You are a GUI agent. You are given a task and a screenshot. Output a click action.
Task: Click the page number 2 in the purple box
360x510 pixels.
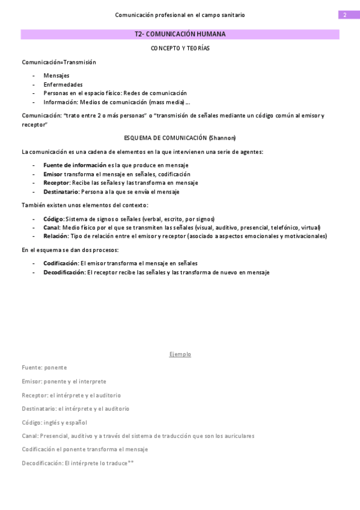(x=345, y=15)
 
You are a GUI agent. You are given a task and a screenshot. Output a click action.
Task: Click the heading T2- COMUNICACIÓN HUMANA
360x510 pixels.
(x=180, y=34)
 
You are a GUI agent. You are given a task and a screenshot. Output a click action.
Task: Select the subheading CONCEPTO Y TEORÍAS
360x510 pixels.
(x=180, y=48)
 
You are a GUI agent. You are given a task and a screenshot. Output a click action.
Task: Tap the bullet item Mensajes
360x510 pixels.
(x=56, y=75)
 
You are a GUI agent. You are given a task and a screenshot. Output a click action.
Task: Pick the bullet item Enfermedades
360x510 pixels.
(x=63, y=84)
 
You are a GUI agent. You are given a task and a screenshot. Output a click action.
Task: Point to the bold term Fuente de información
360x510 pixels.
(x=75, y=165)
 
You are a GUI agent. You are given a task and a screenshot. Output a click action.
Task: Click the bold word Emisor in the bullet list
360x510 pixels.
(x=53, y=174)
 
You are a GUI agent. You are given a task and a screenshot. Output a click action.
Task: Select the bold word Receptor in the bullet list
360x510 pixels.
(x=56, y=183)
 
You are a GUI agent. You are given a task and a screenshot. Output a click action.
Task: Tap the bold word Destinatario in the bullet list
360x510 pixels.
(x=61, y=192)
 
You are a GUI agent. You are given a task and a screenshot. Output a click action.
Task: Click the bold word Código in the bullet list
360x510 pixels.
(x=53, y=219)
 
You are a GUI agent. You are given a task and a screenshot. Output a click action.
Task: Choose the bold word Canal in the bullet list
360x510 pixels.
(x=52, y=227)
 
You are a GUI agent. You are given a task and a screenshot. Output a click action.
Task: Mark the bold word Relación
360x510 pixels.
(x=56, y=236)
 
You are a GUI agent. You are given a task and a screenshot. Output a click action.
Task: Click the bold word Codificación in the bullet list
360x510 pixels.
(x=61, y=263)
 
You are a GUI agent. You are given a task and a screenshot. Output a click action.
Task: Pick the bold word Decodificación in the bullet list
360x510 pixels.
(x=64, y=272)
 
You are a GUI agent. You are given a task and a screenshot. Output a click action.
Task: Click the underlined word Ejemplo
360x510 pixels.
(x=180, y=354)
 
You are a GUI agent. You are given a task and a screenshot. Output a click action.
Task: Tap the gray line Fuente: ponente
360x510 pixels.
(x=44, y=367)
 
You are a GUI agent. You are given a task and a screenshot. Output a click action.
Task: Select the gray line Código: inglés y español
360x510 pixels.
(x=54, y=422)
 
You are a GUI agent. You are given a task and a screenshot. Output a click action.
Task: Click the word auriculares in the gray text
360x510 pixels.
(x=239, y=436)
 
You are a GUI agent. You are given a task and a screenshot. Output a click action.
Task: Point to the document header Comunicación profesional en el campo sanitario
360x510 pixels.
(x=180, y=15)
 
